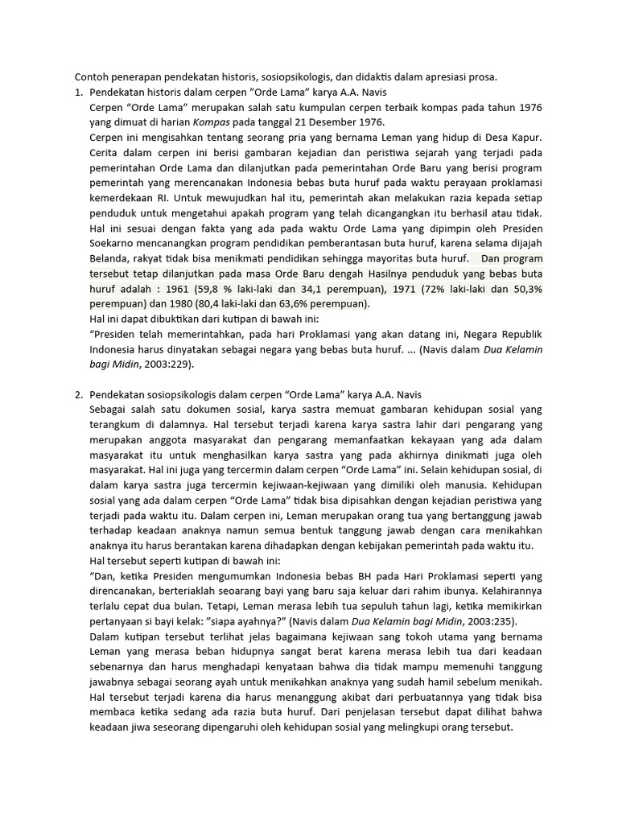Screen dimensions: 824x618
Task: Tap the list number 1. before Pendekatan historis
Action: click(79, 93)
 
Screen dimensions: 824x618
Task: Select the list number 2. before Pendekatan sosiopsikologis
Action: click(79, 394)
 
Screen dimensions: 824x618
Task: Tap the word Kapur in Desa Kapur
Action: click(526, 138)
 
